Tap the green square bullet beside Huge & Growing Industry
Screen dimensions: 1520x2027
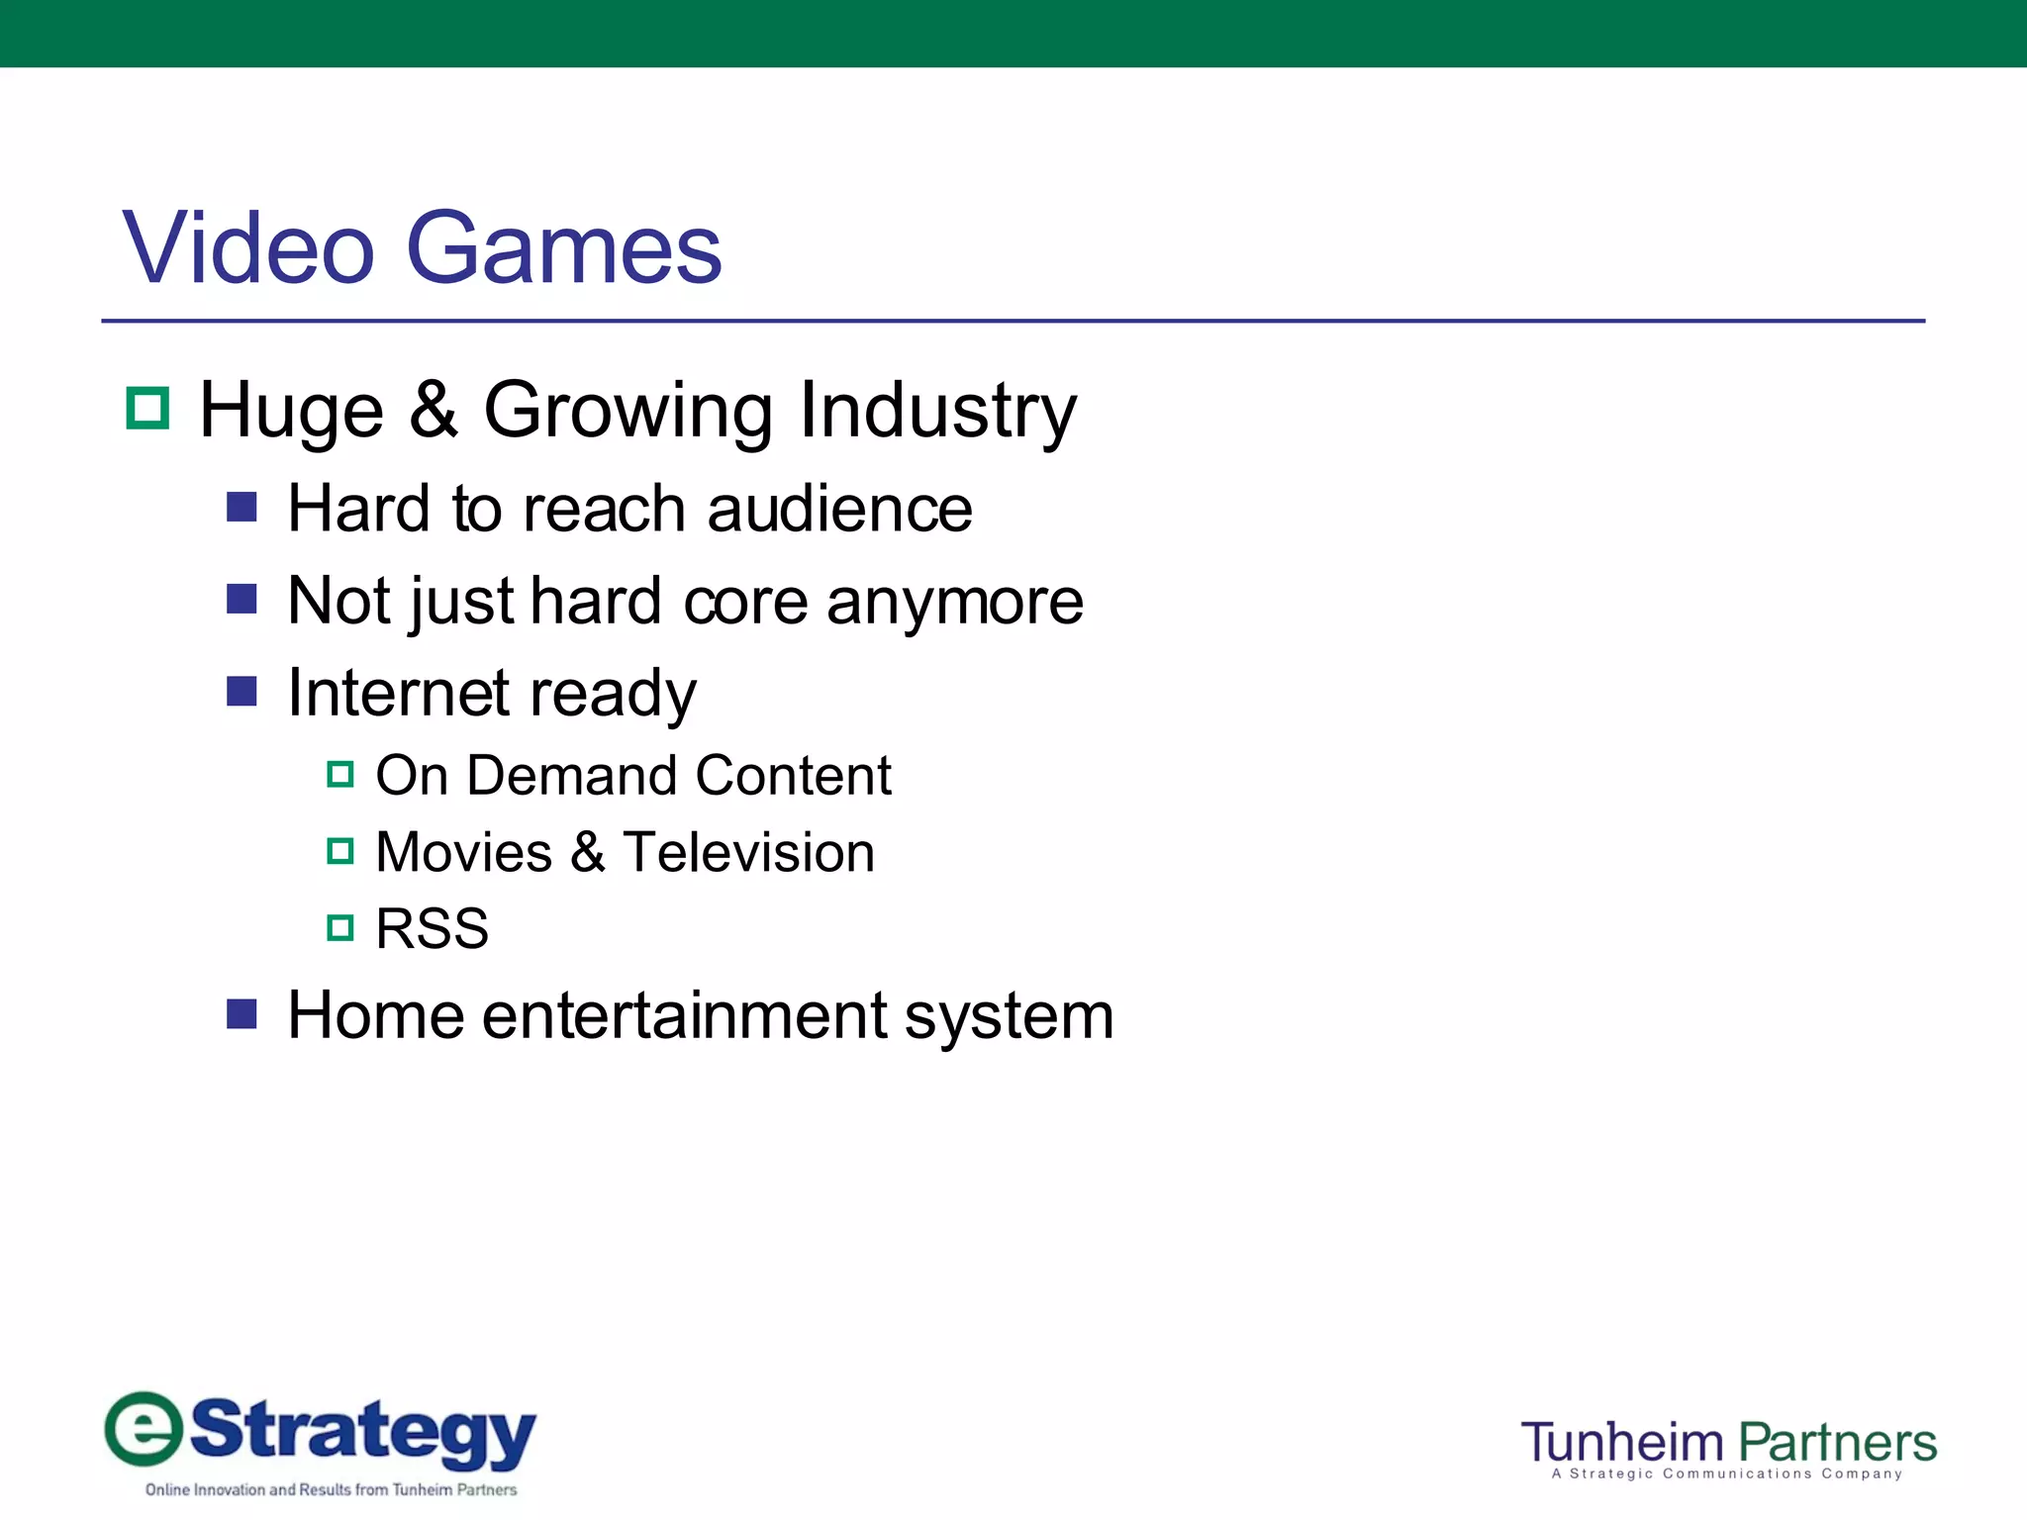point(148,408)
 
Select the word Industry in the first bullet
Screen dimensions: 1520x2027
point(937,411)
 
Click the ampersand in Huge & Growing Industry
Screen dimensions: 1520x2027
point(434,410)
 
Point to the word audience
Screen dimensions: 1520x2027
point(839,510)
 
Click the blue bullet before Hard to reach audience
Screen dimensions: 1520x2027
point(241,508)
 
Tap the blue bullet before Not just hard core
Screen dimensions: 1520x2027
point(241,599)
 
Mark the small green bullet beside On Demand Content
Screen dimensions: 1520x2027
point(339,774)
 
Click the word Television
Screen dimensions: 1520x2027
point(748,852)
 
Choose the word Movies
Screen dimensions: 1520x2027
point(464,852)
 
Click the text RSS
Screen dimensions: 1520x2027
point(433,929)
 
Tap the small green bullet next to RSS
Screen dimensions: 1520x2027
point(339,928)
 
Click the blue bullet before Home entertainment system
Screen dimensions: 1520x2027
point(241,1013)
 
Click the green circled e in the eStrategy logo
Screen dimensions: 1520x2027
point(145,1429)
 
